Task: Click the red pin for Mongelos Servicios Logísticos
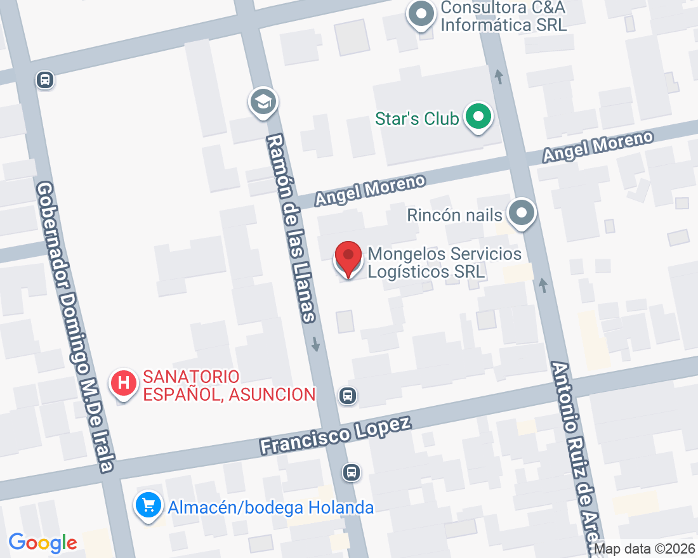348,257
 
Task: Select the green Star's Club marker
479,117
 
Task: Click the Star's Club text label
416,119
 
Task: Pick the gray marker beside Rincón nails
522,213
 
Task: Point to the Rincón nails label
454,215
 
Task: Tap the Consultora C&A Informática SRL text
503,16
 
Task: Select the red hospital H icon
124,383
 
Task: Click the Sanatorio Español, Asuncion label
229,386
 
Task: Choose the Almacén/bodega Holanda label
270,507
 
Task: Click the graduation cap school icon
263,101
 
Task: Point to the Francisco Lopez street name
336,435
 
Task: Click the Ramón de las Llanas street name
291,228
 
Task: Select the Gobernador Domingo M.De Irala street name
75,327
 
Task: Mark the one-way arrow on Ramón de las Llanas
316,344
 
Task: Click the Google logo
43,543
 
